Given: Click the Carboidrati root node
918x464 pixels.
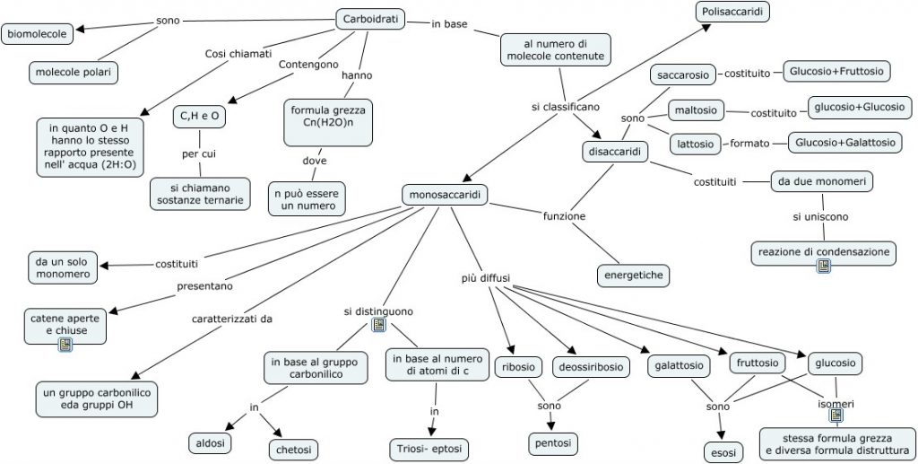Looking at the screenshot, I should (371, 19).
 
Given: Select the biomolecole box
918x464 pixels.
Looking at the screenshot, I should (39, 36).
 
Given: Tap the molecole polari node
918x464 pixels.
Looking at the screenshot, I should (74, 72).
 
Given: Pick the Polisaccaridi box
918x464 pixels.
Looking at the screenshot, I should (732, 13).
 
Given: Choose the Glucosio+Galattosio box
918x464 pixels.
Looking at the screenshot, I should (845, 142).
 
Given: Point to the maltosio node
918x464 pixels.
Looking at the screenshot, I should (696, 110).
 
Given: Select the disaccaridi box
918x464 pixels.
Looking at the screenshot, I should (614, 152).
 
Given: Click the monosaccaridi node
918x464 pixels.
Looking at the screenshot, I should (446, 195).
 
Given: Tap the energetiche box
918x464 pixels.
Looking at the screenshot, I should (634, 275).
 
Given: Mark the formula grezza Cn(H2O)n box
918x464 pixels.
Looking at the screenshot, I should (328, 121).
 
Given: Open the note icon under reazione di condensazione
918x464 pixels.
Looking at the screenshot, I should (823, 267).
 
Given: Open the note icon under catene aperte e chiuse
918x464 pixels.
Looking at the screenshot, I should (65, 345).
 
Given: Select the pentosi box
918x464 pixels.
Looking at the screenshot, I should (551, 443).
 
